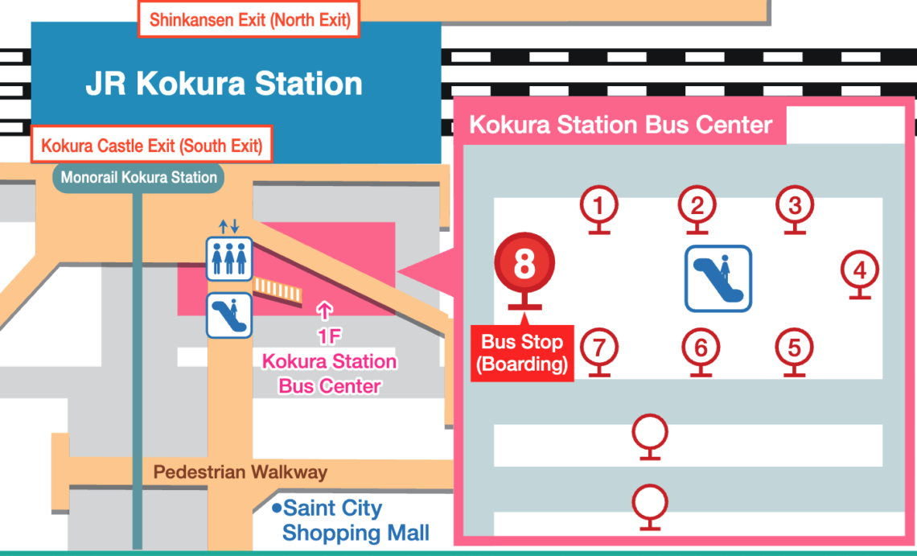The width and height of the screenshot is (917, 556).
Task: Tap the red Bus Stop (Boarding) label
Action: [x=522, y=353]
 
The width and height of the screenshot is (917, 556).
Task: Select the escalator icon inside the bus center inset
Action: [x=718, y=278]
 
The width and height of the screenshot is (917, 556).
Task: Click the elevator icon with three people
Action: [x=229, y=258]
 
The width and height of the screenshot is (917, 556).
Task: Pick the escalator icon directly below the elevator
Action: [x=229, y=316]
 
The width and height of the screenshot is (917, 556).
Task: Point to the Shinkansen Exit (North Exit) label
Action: [x=249, y=20]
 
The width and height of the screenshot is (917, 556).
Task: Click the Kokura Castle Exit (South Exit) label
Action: [x=151, y=145]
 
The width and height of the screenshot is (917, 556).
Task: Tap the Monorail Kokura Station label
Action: [x=138, y=177]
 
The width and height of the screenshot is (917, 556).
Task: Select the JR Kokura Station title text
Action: [x=224, y=83]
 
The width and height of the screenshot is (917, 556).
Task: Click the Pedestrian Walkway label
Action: [x=240, y=472]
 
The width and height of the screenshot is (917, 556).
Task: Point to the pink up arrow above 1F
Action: [x=325, y=311]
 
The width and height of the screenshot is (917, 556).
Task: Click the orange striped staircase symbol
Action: [x=278, y=290]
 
